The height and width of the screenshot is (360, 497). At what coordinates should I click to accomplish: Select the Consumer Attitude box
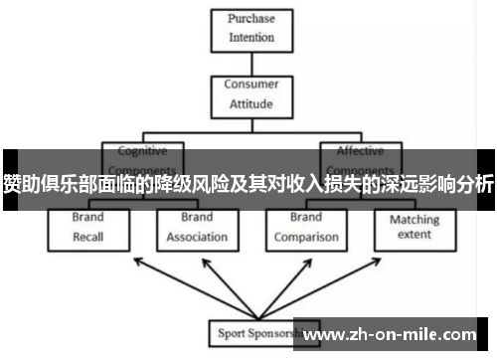tap(250, 93)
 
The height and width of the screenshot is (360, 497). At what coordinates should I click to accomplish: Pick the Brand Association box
tap(197, 227)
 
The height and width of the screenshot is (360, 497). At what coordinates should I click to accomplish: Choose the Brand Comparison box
tap(306, 227)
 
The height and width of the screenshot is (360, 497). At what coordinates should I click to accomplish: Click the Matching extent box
tap(414, 227)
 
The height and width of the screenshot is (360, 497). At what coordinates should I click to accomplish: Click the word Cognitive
tap(142, 151)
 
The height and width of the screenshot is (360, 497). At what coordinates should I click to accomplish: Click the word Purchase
tap(250, 19)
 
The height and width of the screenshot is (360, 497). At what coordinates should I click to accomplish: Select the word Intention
tap(250, 38)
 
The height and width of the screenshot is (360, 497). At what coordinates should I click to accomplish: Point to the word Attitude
tap(250, 102)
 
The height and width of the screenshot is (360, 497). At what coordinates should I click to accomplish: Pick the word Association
tap(197, 238)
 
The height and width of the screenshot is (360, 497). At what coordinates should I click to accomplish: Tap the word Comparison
tap(306, 238)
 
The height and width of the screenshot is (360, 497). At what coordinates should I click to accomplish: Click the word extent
tap(414, 236)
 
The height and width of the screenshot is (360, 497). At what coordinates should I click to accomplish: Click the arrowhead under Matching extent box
tap(415, 255)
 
